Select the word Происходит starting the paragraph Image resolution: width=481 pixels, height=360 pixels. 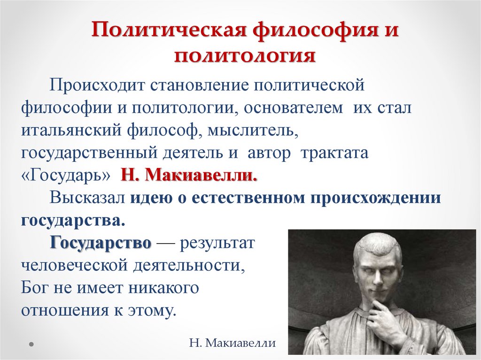[x=98, y=85]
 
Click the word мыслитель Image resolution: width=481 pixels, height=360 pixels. [x=251, y=131]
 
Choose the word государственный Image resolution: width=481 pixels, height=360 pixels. [x=89, y=153]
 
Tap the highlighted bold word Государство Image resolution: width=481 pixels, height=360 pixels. [x=101, y=243]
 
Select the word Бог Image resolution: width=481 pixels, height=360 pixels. [x=36, y=287]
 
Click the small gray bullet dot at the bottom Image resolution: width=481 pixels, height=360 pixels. [x=31, y=343]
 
